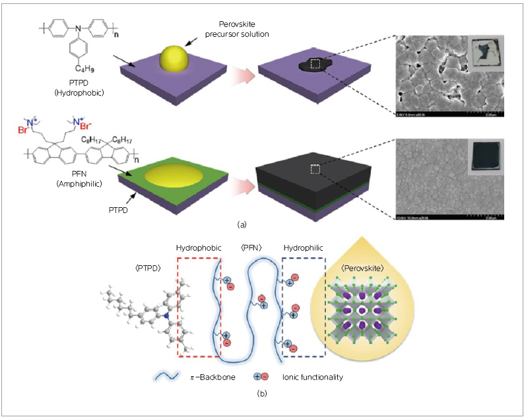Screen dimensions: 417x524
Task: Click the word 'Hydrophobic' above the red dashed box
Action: coord(198,247)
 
